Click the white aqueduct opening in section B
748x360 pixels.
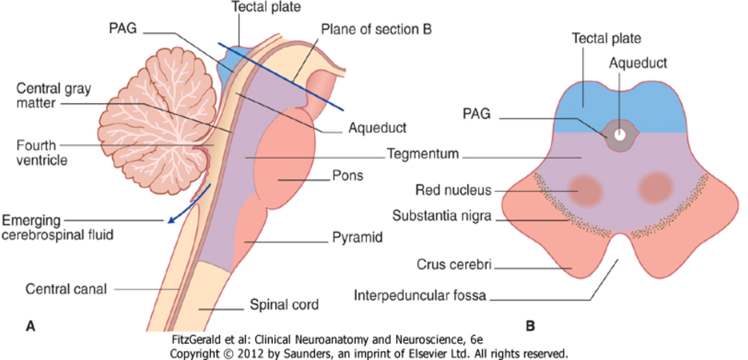[620, 135]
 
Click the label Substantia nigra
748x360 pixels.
[442, 215]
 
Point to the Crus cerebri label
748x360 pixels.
[454, 264]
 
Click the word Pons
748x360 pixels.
[347, 176]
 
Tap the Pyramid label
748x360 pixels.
[357, 238]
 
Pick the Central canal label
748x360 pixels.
[66, 289]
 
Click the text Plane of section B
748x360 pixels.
[377, 29]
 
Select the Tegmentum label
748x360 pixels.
[423, 154]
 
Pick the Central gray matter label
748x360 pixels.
[53, 95]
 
